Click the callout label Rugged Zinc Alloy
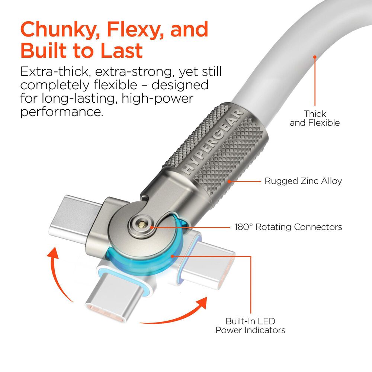click(303, 181)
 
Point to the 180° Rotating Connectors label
click(288, 227)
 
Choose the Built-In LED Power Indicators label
click(250, 325)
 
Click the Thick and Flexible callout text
click(315, 118)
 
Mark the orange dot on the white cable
click(315, 57)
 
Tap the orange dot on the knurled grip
click(230, 181)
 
